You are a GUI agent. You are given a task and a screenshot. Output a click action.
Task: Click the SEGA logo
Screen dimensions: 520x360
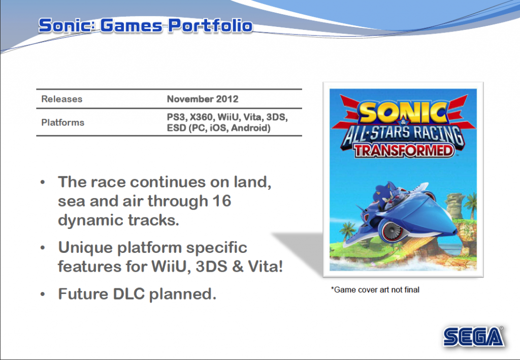tap(474, 337)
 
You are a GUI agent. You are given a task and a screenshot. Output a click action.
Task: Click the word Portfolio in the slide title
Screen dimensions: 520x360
tap(210, 26)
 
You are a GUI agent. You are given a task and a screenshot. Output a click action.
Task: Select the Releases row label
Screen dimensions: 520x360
tap(61, 99)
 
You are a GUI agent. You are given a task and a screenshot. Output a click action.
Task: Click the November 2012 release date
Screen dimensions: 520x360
tap(203, 99)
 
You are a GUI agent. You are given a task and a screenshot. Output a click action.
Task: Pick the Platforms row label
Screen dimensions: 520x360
tap(62, 122)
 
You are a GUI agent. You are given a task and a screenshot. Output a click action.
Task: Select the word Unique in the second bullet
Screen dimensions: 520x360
tap(85, 248)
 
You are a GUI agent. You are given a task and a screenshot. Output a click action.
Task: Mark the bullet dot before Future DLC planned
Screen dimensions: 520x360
tap(43, 294)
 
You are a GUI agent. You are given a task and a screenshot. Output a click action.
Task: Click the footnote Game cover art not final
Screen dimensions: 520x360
tap(375, 290)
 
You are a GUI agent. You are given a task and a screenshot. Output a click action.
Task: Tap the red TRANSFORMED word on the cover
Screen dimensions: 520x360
tap(404, 150)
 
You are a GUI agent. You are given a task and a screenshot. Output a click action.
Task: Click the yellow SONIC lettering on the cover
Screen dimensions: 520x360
tap(403, 112)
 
